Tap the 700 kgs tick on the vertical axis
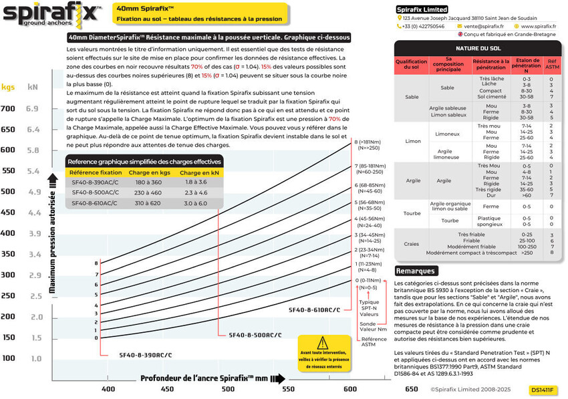pyautogui.click(x=8, y=108)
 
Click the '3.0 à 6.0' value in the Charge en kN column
pyautogui.click(x=196, y=202)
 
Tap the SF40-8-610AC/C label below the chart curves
pyautogui.click(x=314, y=310)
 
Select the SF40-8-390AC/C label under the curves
pyautogui.click(x=146, y=354)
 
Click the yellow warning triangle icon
pyautogui.click(x=323, y=344)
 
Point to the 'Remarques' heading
pyautogui.click(x=416, y=271)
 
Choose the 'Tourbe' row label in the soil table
pyautogui.click(x=412, y=213)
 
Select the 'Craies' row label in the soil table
pyautogui.click(x=412, y=244)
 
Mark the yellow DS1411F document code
pyautogui.click(x=543, y=389)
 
